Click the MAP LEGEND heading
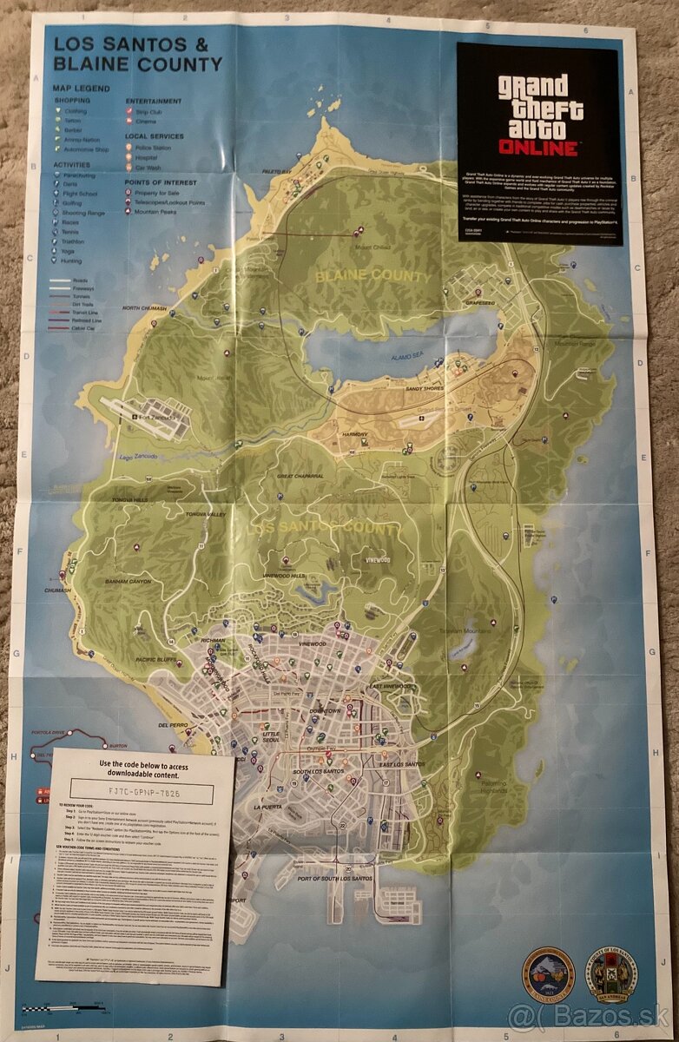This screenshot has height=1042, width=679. tap(80, 89)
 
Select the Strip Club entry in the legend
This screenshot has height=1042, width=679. tap(149, 111)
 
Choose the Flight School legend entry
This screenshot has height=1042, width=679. tap(80, 195)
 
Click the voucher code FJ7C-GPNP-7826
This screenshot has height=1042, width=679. tap(134, 793)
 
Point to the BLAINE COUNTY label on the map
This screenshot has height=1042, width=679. tap(372, 276)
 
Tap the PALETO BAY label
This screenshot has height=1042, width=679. tap(276, 172)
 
